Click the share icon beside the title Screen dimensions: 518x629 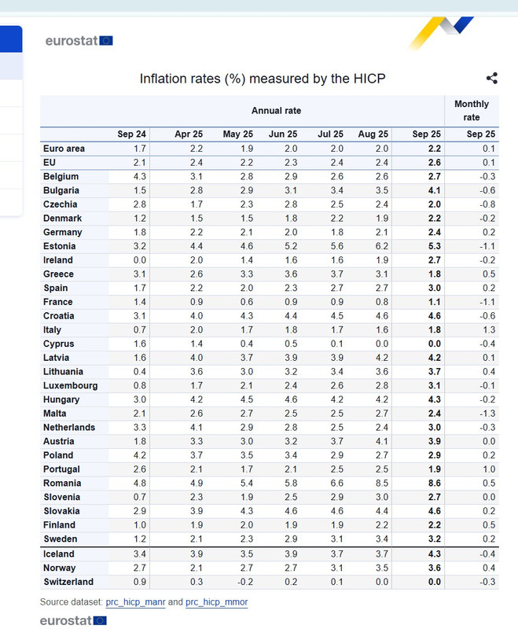pos(492,78)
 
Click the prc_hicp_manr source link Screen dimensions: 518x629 pos(135,602)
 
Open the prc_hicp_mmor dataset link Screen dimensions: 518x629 pos(216,602)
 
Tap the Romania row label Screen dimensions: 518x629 pos(62,483)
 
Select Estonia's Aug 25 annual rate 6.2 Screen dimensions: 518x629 pos(382,246)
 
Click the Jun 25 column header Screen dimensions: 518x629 pos(283,134)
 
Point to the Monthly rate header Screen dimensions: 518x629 pos(472,110)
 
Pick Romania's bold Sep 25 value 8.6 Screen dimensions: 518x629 pos(434,483)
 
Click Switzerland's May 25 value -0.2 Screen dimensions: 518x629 pos(244,582)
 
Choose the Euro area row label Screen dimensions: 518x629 pos(64,149)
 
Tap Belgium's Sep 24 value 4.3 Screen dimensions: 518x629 pos(140,176)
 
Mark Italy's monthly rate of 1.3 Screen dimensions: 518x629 pos(489,329)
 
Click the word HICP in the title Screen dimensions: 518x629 pos(369,79)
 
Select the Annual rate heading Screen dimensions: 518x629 pos(276,111)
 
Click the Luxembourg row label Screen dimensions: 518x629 pos(71,385)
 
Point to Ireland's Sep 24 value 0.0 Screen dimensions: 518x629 pos(140,260)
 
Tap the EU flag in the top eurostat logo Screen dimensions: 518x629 pos(106,41)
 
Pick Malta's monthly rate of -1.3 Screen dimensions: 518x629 pos(487,414)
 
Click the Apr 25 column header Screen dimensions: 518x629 pos(189,134)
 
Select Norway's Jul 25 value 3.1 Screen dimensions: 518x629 pos(336,568)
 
